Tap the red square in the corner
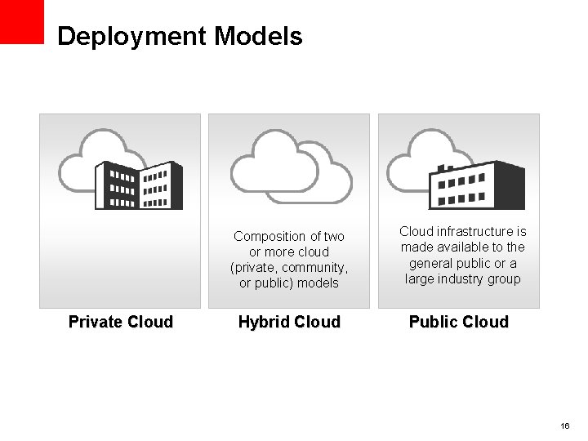(x=21, y=21)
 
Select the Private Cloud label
(x=121, y=322)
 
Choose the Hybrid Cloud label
(x=289, y=322)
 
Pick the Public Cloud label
(x=458, y=322)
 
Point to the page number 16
(x=565, y=426)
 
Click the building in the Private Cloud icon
(x=139, y=185)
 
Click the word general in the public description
(x=430, y=263)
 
